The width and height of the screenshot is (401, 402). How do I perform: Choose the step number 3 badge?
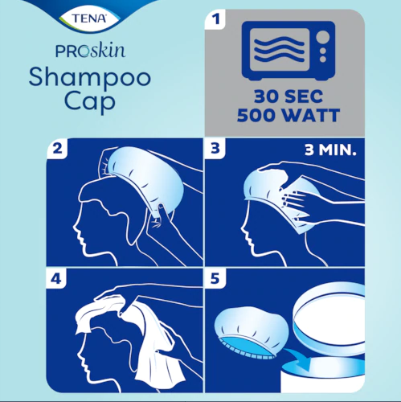click(x=215, y=149)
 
